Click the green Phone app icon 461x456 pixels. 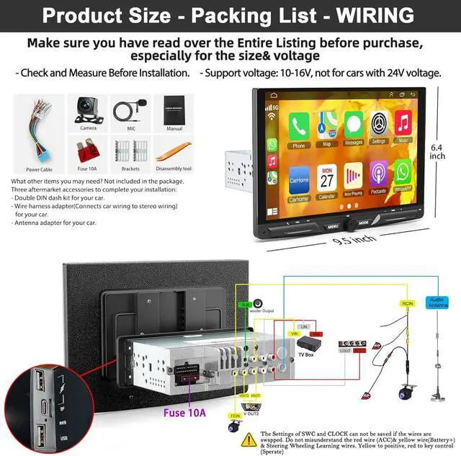298,127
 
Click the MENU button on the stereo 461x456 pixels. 333,225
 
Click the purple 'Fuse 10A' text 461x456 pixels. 184,413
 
